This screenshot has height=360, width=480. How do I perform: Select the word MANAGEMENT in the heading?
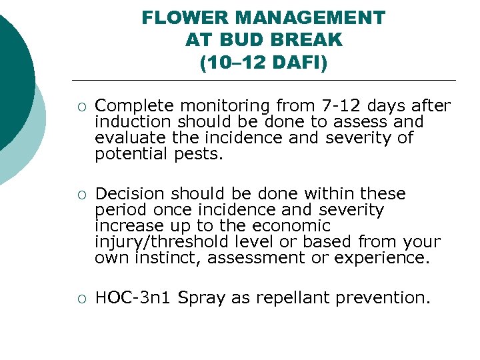(x=310, y=18)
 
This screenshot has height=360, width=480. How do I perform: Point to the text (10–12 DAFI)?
(x=263, y=63)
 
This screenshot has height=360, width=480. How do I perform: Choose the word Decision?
(x=130, y=194)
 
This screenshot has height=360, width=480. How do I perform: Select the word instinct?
(x=166, y=258)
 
